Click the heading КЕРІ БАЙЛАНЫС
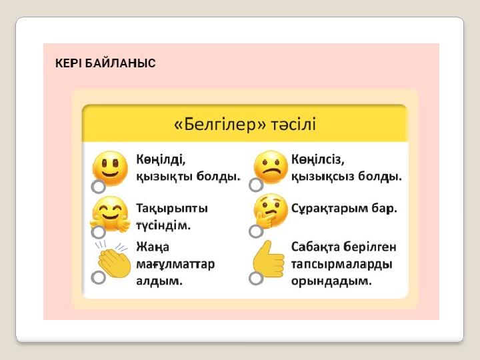point(105,63)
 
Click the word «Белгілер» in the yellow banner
point(219,125)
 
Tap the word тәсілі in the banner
point(293,125)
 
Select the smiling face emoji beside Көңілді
point(110,169)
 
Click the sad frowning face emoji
point(271,167)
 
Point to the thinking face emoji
point(270,211)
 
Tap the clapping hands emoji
point(113,259)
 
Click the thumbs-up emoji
point(269,259)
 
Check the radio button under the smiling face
point(98,187)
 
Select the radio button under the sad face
point(256,185)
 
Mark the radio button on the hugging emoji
point(98,232)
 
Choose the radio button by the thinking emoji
point(256,231)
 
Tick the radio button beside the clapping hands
point(98,277)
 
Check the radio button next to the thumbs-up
point(256,278)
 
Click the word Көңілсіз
point(318,159)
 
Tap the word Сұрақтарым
point(329,209)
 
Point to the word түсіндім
point(163,225)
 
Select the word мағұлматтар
point(175,264)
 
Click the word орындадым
point(331,281)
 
